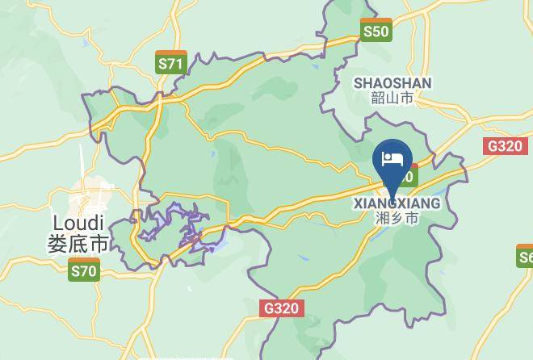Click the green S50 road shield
click(x=376, y=31)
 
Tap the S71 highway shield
click(x=171, y=63)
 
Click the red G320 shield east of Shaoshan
click(x=505, y=146)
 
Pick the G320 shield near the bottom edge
click(x=280, y=308)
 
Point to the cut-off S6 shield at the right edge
click(x=526, y=257)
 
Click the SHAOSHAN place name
click(x=392, y=83)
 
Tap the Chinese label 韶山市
click(x=392, y=98)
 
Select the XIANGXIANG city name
click(x=397, y=203)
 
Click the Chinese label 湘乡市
click(x=397, y=218)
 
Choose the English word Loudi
click(x=78, y=222)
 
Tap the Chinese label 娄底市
click(x=78, y=243)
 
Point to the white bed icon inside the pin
click(x=392, y=157)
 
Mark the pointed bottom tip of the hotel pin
click(x=392, y=197)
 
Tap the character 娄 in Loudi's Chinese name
click(x=57, y=243)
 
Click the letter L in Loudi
click(x=57, y=222)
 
